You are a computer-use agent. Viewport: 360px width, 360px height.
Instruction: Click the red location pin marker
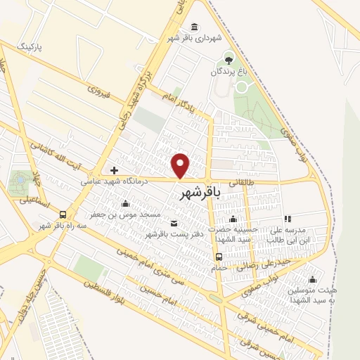tap(181, 165)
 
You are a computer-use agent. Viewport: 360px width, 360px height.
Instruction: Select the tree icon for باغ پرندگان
tap(228, 58)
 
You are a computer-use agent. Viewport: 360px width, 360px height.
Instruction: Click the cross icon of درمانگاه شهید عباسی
tap(114, 170)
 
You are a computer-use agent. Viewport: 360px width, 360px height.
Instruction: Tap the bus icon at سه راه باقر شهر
tap(63, 214)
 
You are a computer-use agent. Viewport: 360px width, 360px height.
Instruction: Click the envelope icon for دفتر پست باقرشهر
tap(153, 223)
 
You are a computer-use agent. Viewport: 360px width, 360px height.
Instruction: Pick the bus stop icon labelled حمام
tap(219, 256)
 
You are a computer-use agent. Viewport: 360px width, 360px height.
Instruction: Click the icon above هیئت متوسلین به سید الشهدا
tap(311, 279)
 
